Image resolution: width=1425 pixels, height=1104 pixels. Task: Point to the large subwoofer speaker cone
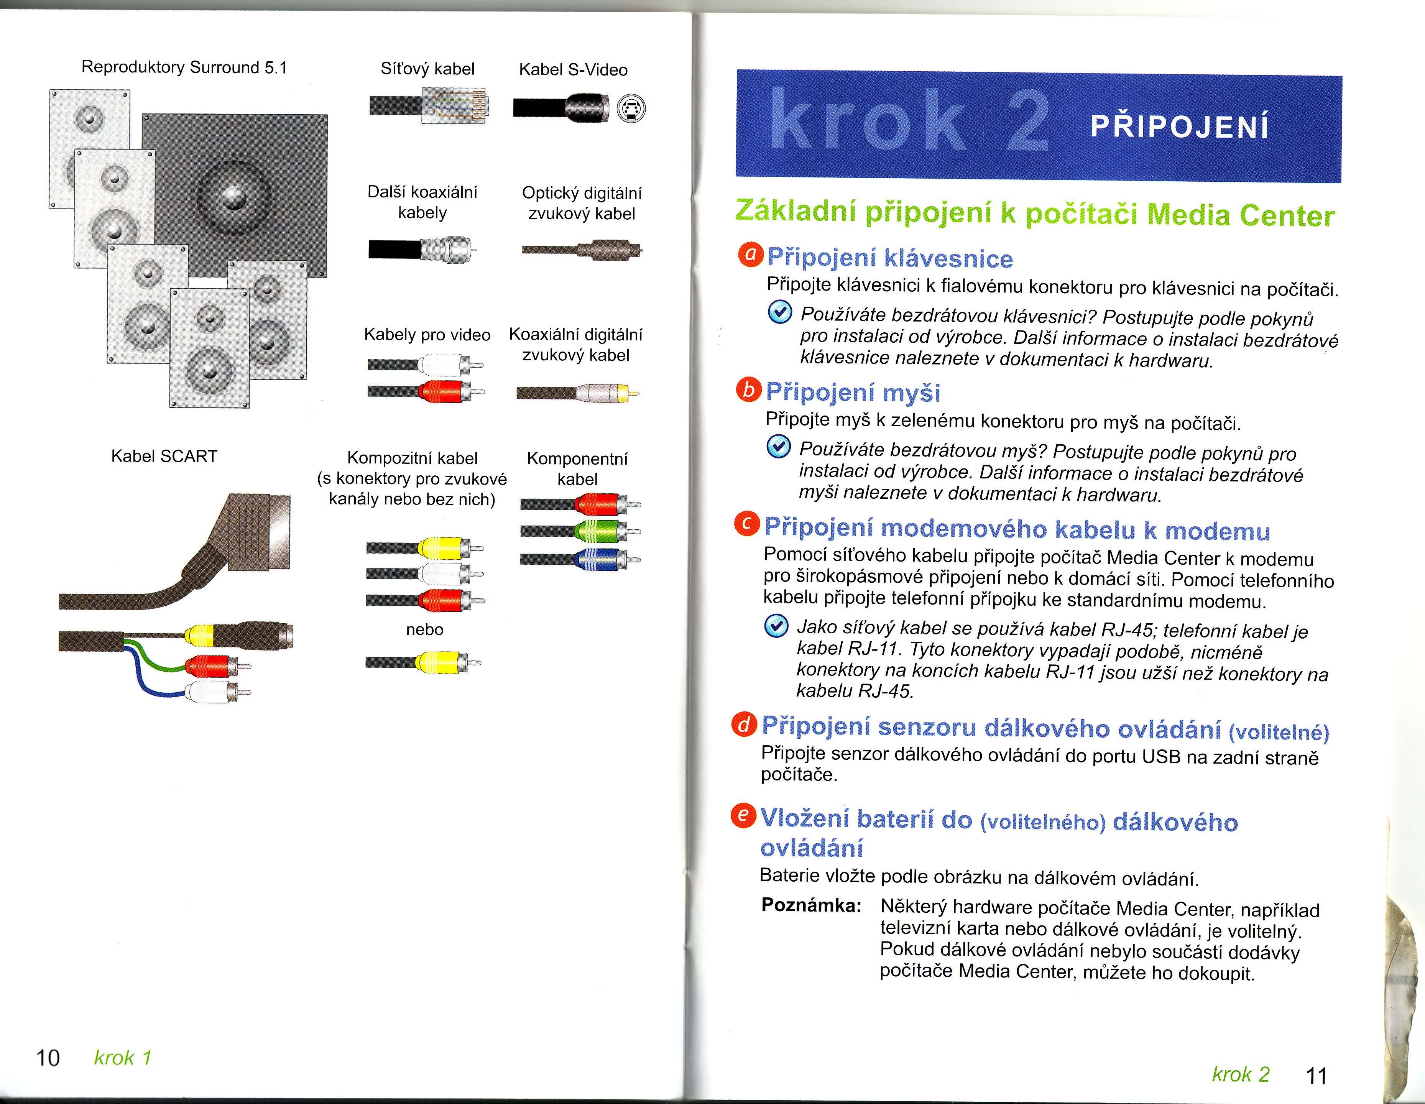tap(233, 196)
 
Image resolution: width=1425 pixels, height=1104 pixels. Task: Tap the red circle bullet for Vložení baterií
tap(743, 816)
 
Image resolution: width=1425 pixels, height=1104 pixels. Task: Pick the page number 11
tap(1317, 1075)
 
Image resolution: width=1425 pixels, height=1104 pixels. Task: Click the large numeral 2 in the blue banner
tap(1028, 121)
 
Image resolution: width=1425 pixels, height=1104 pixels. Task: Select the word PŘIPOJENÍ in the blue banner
tap(1180, 126)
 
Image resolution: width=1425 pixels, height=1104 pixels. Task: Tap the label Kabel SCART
tap(164, 456)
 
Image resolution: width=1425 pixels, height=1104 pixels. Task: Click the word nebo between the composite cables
tap(425, 630)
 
